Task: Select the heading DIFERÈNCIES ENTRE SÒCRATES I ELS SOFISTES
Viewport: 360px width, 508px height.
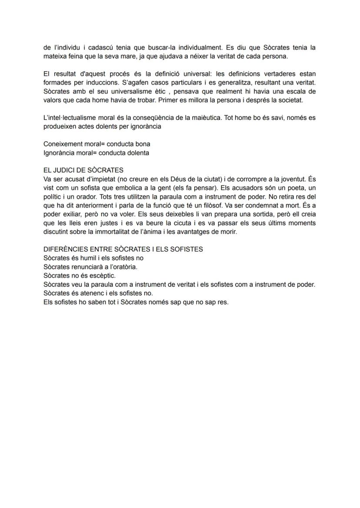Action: (123, 249)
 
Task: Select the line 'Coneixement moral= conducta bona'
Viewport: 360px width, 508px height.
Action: (97, 144)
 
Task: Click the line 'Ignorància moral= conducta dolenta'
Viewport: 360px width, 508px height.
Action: (96, 153)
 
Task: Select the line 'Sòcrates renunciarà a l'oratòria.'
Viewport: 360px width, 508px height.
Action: (90, 267)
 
